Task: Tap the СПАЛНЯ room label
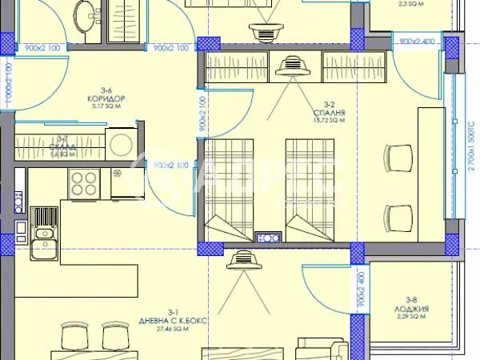point(329,113)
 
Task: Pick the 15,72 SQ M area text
point(329,122)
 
